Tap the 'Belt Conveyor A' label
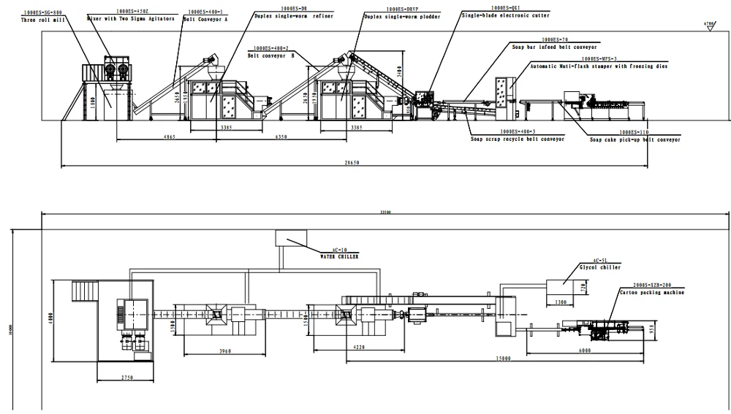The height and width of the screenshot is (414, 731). (205, 19)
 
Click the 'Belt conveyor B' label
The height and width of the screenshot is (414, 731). (270, 55)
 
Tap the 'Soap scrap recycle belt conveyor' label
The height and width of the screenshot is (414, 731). (518, 139)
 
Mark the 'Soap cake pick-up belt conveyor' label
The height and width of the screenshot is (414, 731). (635, 139)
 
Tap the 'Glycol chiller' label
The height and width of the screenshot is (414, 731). (599, 267)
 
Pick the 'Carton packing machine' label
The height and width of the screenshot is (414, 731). (652, 293)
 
